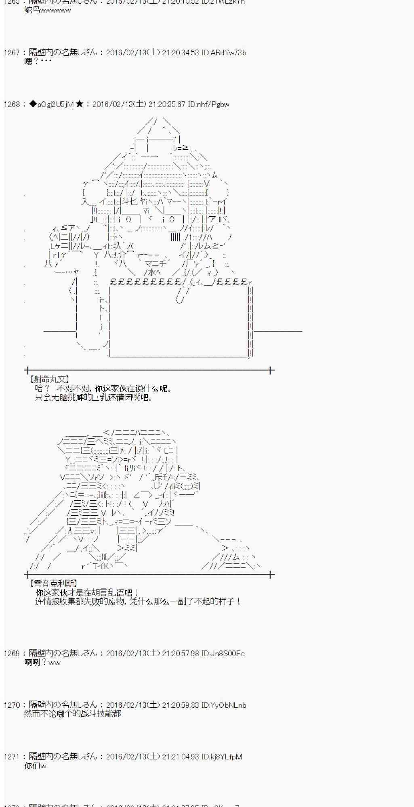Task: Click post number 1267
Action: click(11, 53)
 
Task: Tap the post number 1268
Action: click(11, 105)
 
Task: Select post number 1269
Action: click(11, 653)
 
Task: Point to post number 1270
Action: click(11, 705)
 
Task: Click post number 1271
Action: click(11, 757)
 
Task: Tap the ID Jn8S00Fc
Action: click(223, 653)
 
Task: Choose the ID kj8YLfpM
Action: click(222, 757)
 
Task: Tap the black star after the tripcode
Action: click(80, 105)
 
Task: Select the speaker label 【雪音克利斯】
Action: click(53, 583)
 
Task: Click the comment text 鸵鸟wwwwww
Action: click(47, 10)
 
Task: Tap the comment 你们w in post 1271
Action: click(36, 765)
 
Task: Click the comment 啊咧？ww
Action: click(42, 662)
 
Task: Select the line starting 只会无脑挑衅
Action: click(94, 397)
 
